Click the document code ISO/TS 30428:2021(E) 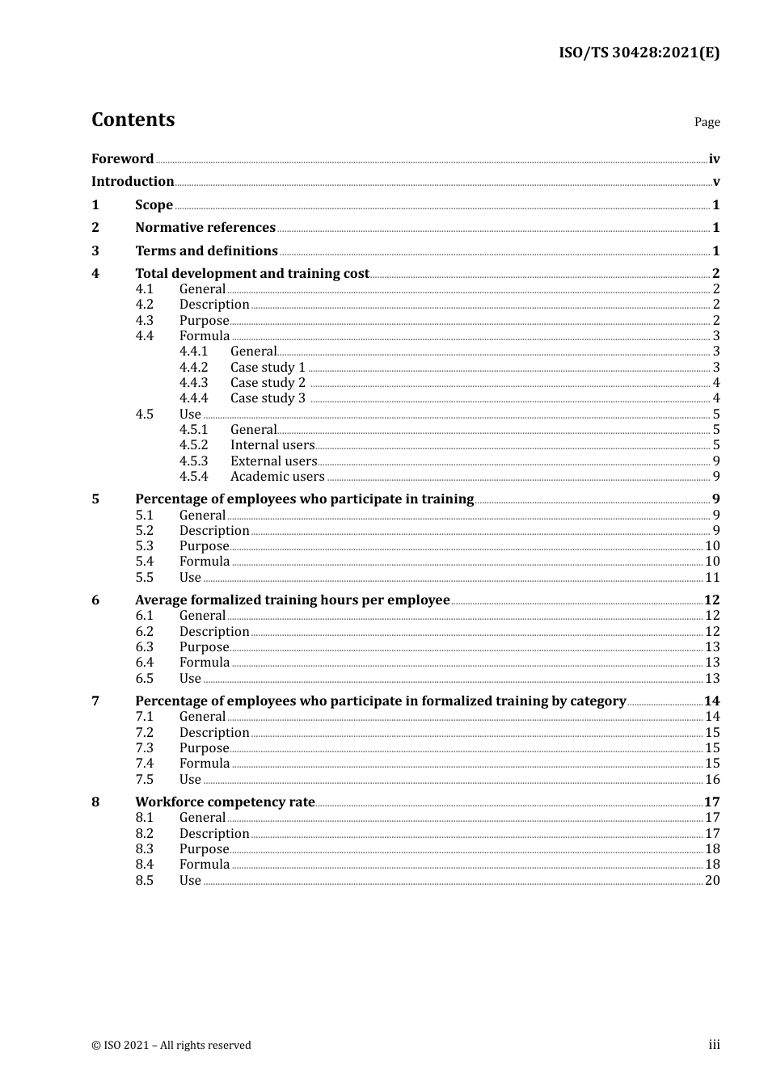coord(639,53)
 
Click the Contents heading coord(133,120)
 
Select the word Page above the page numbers coord(707,122)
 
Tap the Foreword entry coord(122,159)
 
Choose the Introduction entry coord(133,182)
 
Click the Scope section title coord(154,205)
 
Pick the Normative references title coord(205,228)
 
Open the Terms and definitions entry coord(206,251)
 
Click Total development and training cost coord(252,274)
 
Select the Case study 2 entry coord(268,383)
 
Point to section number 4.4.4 coord(193,398)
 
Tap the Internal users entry coord(272,445)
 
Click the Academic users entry coord(277,477)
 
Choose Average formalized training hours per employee coord(292,600)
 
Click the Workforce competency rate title coord(225,802)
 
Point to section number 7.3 coord(144,748)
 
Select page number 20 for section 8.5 coord(712,881)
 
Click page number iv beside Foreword coord(714,159)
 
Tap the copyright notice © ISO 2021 coord(171,1046)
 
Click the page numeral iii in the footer coord(714,1045)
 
